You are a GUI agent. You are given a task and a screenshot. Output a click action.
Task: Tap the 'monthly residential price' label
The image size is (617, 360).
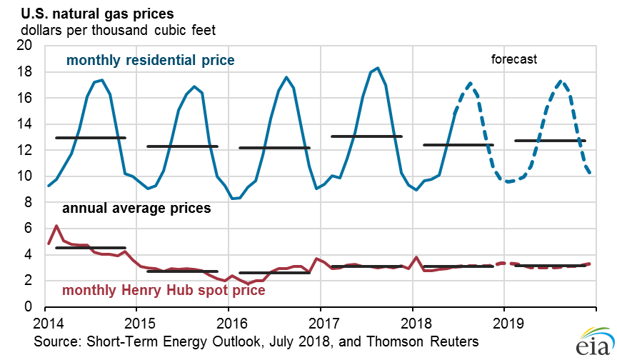[150, 60]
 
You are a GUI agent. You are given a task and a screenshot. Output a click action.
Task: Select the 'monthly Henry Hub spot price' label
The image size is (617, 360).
[164, 291]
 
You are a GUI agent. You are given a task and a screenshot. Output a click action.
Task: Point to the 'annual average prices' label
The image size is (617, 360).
[136, 209]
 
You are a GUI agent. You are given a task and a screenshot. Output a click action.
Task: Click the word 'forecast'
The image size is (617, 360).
[513, 59]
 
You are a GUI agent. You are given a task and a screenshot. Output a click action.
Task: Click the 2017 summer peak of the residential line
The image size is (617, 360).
[378, 68]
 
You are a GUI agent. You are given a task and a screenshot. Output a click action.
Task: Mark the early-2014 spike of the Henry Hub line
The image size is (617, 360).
[56, 226]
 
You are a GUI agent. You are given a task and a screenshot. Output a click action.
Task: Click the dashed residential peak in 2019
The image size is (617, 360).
[562, 81]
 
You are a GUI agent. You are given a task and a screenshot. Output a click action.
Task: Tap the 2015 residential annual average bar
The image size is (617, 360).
[182, 146]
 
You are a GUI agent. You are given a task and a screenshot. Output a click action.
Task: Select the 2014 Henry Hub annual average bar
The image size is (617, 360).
[90, 248]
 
